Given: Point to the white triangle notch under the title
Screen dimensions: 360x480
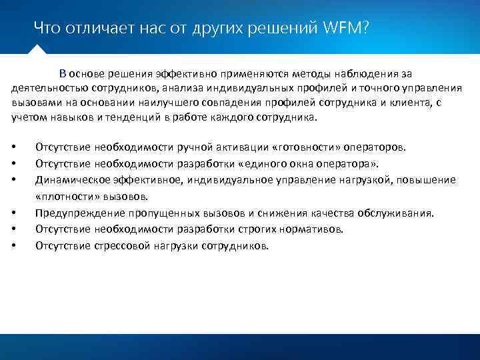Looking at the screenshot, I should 38,49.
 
